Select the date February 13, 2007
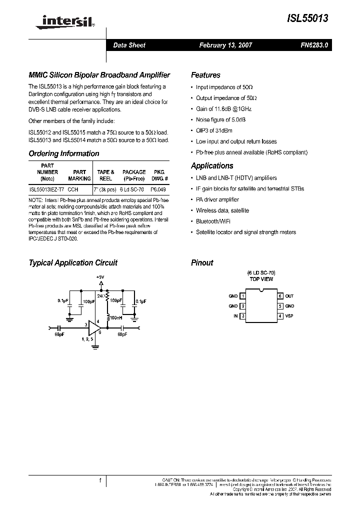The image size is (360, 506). (225, 45)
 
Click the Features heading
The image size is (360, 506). (205, 75)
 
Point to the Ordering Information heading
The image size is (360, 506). (64, 153)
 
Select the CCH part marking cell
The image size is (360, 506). (73, 190)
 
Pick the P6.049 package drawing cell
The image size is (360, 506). (159, 190)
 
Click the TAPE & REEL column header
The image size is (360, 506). (105, 175)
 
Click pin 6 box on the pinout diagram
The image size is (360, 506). (280, 296)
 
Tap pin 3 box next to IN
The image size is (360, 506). (242, 316)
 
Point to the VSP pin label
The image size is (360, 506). (289, 316)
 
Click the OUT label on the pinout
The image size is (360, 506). (289, 296)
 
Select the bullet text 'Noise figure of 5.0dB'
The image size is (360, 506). (220, 120)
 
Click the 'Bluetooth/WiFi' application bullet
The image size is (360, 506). (213, 221)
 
